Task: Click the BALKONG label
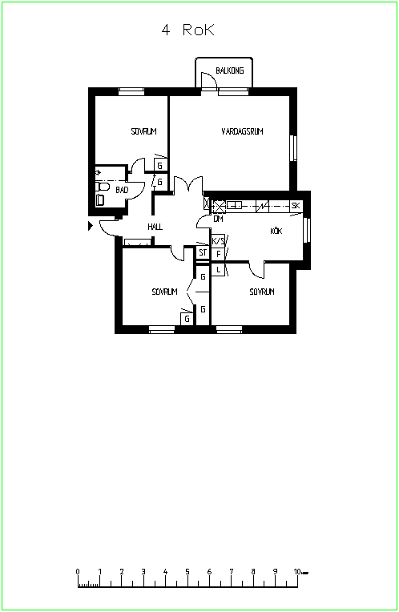pos(230,70)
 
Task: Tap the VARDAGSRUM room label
pos(242,131)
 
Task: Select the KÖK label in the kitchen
pos(276,231)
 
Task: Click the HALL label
pos(155,227)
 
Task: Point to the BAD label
pos(122,190)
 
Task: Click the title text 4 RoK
pos(188,30)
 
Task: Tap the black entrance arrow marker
pos(91,226)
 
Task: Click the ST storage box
pos(203,253)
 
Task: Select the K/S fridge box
pos(218,241)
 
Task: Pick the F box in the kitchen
pos(218,254)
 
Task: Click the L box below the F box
pos(218,270)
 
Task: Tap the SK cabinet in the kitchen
pos(296,205)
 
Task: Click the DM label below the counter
pos(218,219)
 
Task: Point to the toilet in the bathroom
pos(102,186)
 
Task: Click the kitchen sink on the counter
pos(235,205)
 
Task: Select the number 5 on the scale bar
pos(187,572)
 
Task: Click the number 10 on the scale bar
pos(297,572)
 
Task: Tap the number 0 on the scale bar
pos(78,572)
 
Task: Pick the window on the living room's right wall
pos(293,148)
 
